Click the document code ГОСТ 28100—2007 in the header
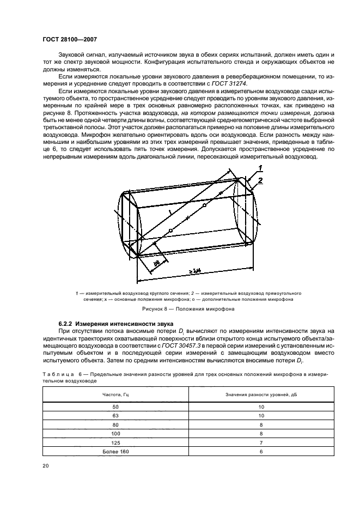click(x=69, y=39)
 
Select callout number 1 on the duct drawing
click(x=260, y=168)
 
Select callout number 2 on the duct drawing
click(x=261, y=180)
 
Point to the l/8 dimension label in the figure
click(x=156, y=263)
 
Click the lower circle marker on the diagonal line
click(x=170, y=231)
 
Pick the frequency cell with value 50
click(x=115, y=406)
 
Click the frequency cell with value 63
click(x=115, y=416)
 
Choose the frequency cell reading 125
click(x=115, y=442)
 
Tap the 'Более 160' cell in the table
click(x=115, y=452)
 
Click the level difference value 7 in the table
click(x=261, y=442)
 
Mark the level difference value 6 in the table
click(x=261, y=452)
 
